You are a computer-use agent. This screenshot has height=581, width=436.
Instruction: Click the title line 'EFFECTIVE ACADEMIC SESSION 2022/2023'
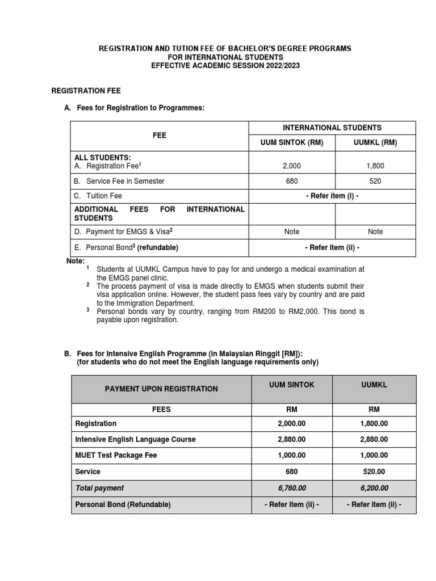click(x=225, y=65)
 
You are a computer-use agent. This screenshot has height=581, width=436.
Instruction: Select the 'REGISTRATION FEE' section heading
click(x=86, y=90)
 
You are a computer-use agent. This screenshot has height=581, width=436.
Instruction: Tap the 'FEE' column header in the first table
click(x=160, y=136)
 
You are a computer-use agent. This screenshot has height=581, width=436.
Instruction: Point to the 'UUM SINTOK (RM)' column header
click(x=288, y=143)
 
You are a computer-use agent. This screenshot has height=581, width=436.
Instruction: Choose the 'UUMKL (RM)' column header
click(x=375, y=143)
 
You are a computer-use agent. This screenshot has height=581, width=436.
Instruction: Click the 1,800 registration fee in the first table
click(x=375, y=166)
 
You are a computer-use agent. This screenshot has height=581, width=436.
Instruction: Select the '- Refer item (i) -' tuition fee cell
click(x=332, y=196)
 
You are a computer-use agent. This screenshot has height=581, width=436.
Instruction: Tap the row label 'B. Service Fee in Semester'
click(x=119, y=181)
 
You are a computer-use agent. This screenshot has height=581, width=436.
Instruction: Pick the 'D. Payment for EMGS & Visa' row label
click(x=121, y=231)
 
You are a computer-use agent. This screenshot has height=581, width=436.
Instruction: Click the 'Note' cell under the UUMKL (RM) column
click(x=375, y=231)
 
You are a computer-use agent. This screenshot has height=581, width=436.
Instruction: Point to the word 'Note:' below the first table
click(x=76, y=261)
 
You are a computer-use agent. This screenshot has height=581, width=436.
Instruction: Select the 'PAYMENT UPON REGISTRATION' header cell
click(x=161, y=389)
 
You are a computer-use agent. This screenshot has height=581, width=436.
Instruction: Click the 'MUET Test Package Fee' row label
click(x=116, y=455)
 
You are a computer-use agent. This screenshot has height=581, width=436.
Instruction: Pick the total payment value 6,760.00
click(x=291, y=488)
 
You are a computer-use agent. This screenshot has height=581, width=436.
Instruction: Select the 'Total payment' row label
click(x=99, y=488)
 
